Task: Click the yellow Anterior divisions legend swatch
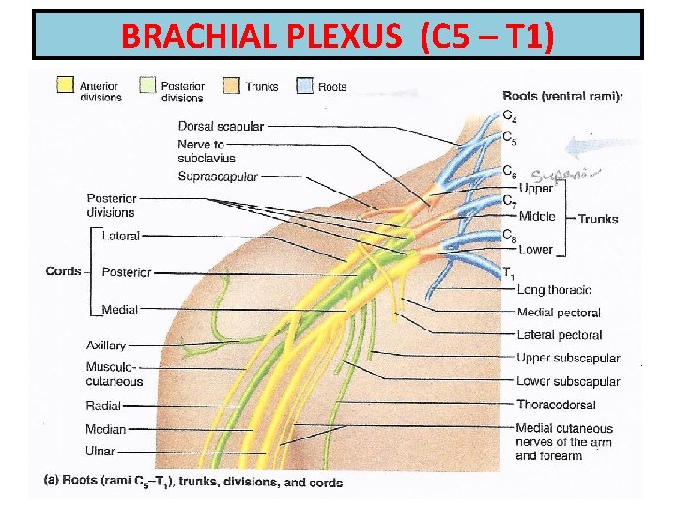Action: (x=66, y=85)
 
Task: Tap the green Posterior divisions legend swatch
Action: (x=147, y=85)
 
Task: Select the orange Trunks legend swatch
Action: (x=230, y=85)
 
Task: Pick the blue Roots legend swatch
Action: (x=304, y=85)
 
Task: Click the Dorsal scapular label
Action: (x=221, y=126)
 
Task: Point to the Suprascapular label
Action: (x=217, y=177)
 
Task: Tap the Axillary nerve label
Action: (x=106, y=346)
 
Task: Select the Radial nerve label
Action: (x=103, y=407)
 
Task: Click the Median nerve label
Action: (x=105, y=429)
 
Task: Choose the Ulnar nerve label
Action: (x=100, y=452)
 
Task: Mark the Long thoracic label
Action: (x=554, y=290)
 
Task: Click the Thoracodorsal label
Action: (x=556, y=405)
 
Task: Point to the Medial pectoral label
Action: (x=559, y=313)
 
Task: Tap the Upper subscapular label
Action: (x=568, y=358)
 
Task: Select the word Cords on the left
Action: (x=63, y=271)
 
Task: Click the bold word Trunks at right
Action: (x=598, y=219)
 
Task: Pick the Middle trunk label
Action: (x=537, y=217)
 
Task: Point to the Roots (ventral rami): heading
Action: (x=563, y=95)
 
